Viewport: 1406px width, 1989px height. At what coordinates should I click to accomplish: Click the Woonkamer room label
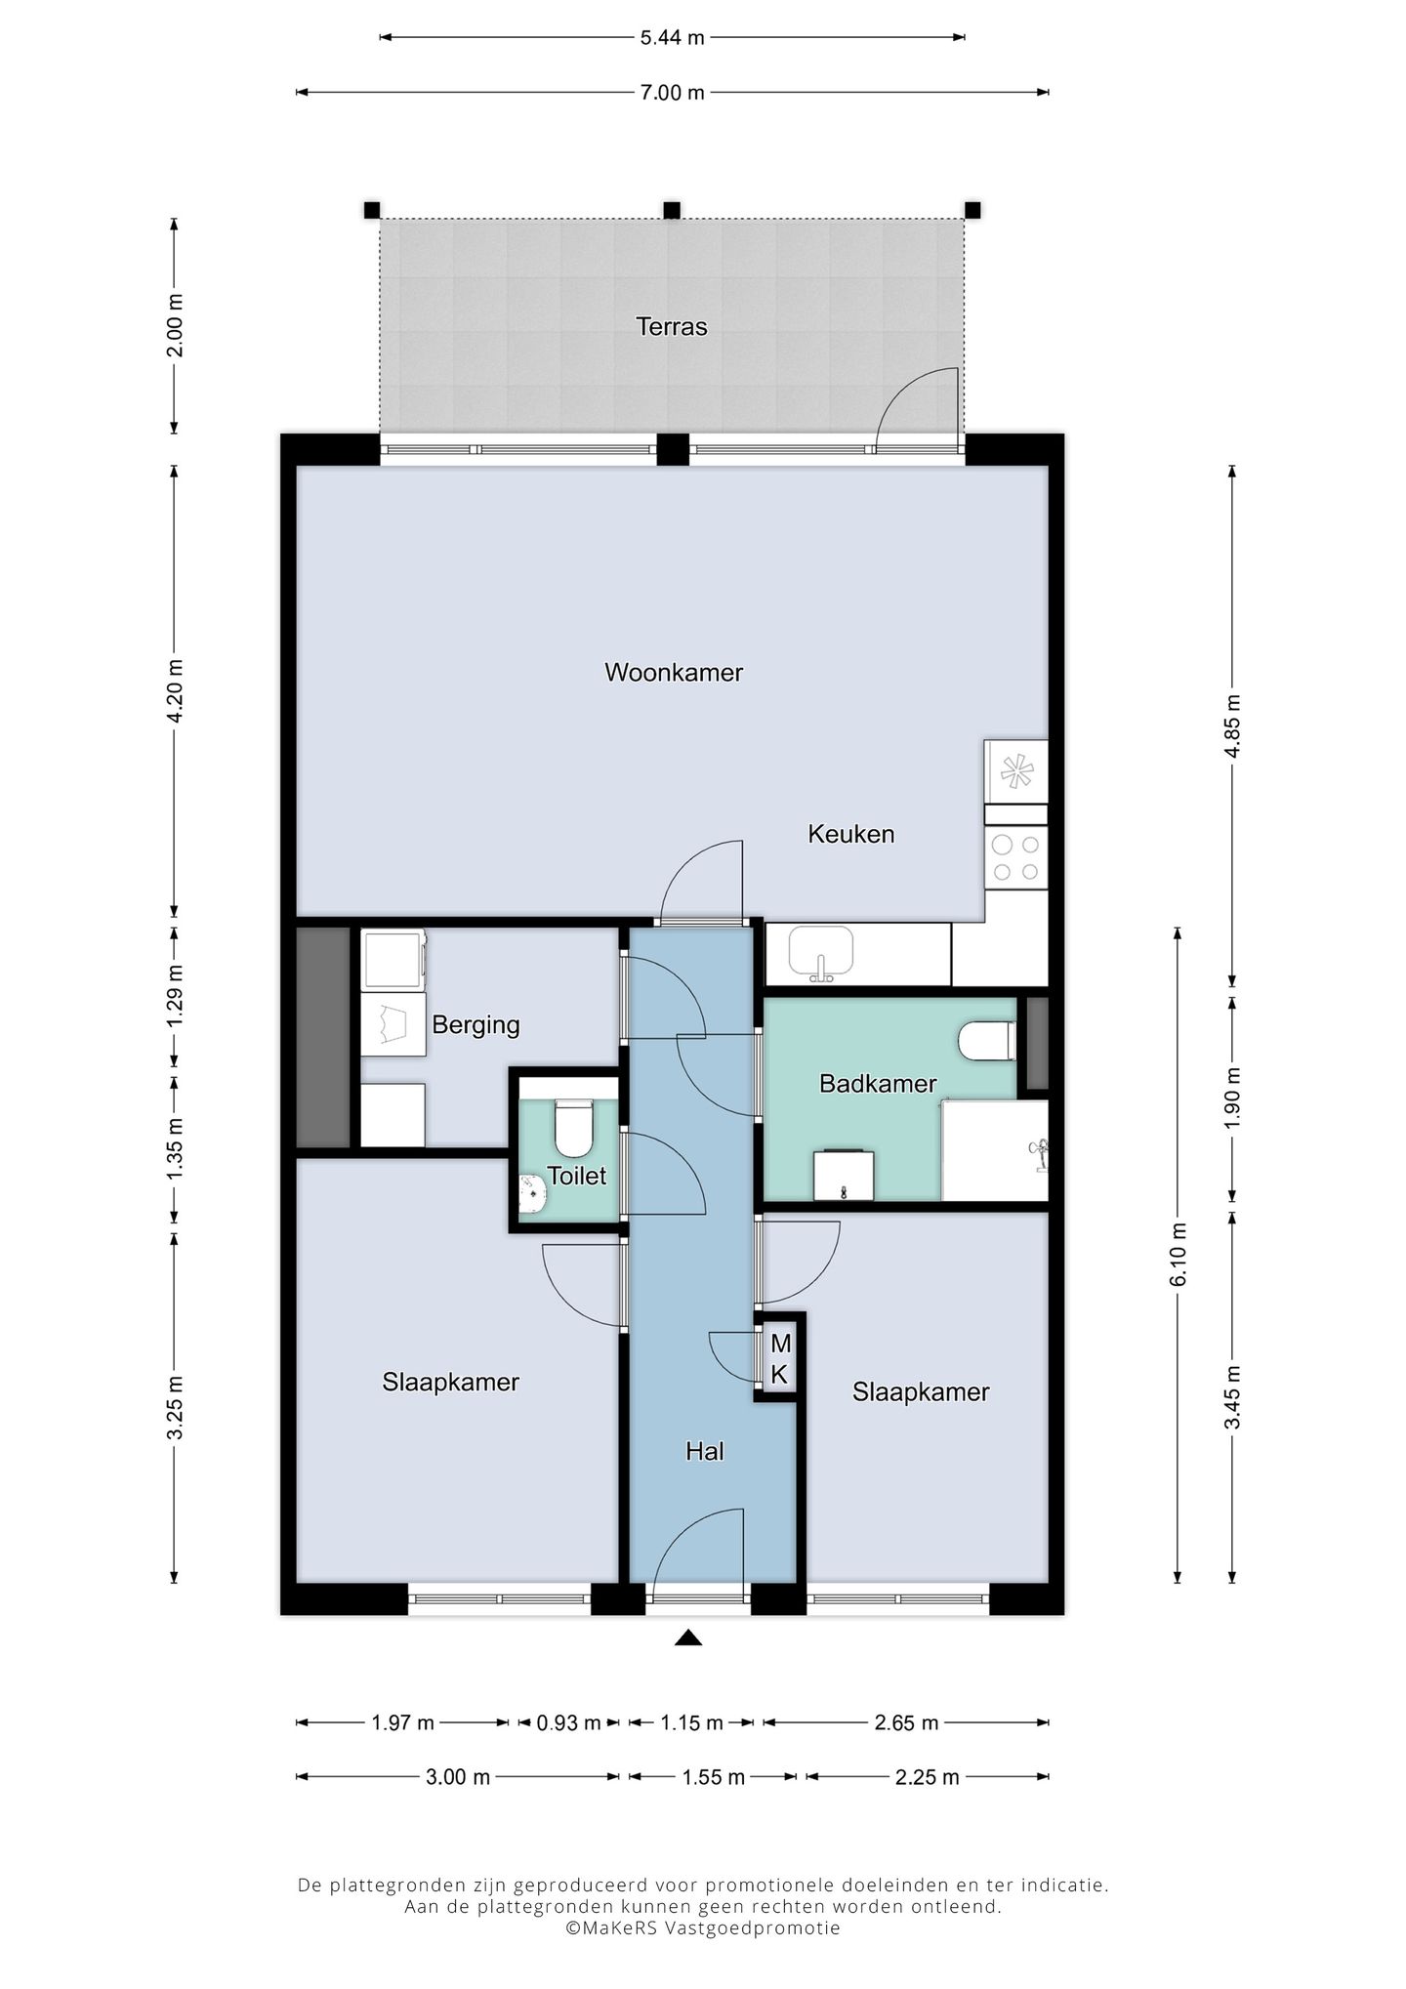(674, 672)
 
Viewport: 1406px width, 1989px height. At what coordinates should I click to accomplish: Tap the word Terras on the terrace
(671, 326)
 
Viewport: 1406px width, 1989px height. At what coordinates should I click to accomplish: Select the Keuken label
(850, 834)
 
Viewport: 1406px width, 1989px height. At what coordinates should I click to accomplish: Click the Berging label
(476, 1025)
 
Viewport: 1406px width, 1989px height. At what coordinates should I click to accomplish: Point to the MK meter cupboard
(779, 1358)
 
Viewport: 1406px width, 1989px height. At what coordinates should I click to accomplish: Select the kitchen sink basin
(821, 951)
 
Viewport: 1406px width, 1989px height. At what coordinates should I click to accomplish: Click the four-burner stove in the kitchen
(1015, 857)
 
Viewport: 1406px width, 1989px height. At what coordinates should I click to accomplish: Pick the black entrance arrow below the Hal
(688, 1638)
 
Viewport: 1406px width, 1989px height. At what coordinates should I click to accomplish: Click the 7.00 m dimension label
(672, 93)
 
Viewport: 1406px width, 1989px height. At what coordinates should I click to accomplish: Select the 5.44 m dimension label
(672, 38)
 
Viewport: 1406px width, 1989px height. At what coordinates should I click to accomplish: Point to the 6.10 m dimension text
(1178, 1254)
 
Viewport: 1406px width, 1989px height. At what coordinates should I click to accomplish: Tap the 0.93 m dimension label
(568, 1722)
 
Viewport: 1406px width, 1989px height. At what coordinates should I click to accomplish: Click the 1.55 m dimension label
(714, 1777)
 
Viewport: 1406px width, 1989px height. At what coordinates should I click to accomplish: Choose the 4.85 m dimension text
(1232, 725)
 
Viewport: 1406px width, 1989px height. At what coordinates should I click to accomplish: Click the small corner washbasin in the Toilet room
(530, 1193)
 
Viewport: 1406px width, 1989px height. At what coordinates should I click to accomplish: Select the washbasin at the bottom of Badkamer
(844, 1175)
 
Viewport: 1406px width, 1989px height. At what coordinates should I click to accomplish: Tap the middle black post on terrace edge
(672, 210)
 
